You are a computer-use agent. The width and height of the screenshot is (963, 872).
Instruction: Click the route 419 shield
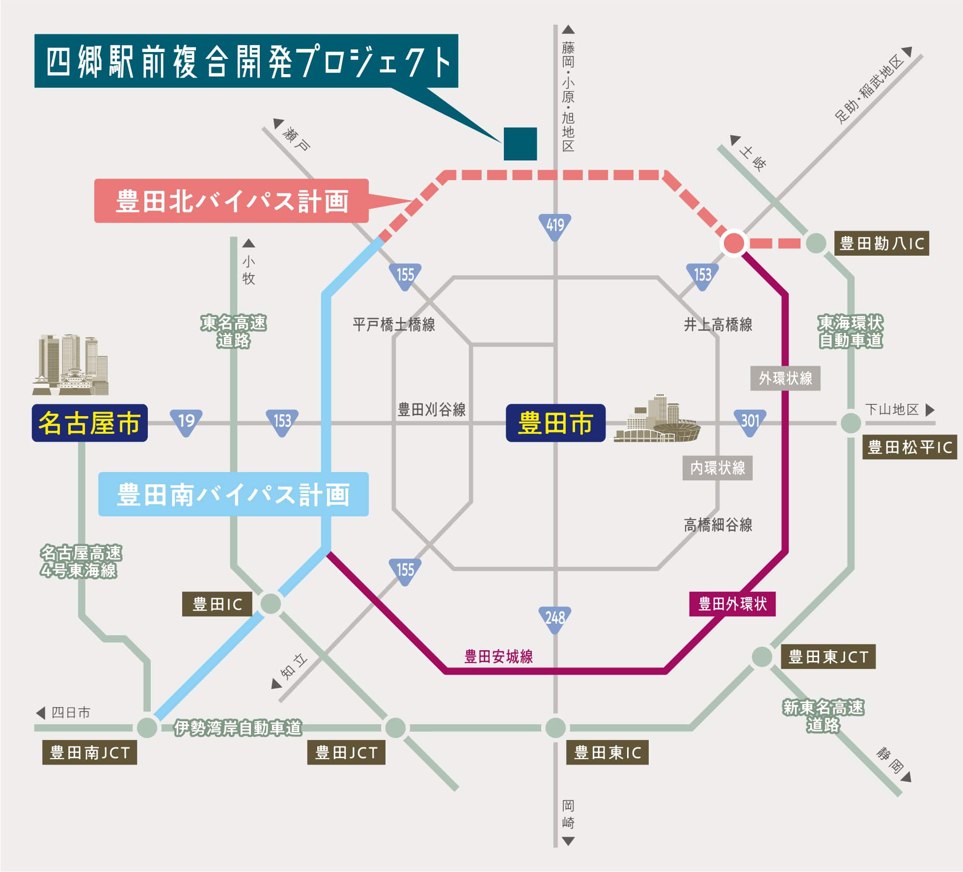[555, 226]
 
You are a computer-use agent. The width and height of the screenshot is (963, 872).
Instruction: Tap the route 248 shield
[555, 619]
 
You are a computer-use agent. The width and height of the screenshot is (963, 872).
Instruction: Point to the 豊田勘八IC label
[881, 243]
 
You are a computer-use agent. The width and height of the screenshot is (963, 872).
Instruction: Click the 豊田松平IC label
[909, 447]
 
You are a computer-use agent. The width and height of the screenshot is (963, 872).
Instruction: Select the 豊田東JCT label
[828, 657]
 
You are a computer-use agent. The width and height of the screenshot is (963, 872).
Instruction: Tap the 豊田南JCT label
[89, 752]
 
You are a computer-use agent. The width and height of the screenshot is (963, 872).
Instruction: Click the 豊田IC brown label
[217, 604]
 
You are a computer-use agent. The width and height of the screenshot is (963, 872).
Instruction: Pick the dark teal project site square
[520, 144]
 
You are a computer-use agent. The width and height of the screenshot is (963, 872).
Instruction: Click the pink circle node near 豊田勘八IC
[734, 243]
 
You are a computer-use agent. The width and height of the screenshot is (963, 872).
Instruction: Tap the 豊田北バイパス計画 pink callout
[231, 201]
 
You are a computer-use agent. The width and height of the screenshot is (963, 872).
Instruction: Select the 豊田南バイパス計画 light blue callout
[233, 494]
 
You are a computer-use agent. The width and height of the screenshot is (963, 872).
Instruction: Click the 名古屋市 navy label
[90, 423]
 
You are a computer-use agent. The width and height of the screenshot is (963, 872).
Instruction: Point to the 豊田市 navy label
[555, 423]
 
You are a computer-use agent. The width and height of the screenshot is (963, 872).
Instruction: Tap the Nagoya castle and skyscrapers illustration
[71, 366]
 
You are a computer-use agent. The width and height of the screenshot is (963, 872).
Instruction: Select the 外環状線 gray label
[785, 378]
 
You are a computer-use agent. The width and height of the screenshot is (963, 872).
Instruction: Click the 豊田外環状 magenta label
[732, 604]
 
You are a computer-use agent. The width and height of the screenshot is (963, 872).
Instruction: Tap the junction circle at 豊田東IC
[555, 727]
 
